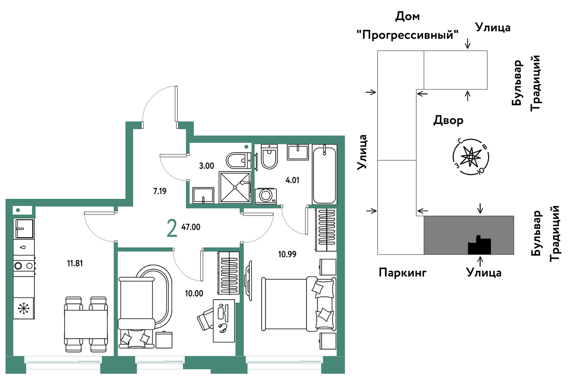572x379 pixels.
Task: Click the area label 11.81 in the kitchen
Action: click(x=75, y=263)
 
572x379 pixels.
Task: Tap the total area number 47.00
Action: click(x=191, y=227)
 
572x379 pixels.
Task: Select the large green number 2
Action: click(x=172, y=229)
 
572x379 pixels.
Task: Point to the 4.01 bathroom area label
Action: click(x=292, y=181)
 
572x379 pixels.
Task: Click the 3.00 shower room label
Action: click(x=207, y=166)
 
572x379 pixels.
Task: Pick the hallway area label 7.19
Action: click(x=160, y=191)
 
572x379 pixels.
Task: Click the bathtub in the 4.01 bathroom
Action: click(x=324, y=174)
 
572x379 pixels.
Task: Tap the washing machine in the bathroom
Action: click(x=266, y=196)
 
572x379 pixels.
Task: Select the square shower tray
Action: click(x=235, y=187)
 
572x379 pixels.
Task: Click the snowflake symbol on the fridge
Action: click(x=24, y=308)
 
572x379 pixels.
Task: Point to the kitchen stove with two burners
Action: click(x=24, y=266)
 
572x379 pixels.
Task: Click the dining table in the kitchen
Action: click(x=86, y=324)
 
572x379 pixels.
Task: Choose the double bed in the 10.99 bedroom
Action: click(x=299, y=304)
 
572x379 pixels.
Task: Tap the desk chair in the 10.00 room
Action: click(x=206, y=319)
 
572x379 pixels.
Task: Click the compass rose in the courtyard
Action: click(x=470, y=157)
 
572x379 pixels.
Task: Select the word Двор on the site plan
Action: click(x=448, y=120)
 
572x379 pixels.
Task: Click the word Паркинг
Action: click(x=402, y=273)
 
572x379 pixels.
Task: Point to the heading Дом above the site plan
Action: click(x=408, y=17)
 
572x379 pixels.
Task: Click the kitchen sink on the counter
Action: click(x=24, y=229)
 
